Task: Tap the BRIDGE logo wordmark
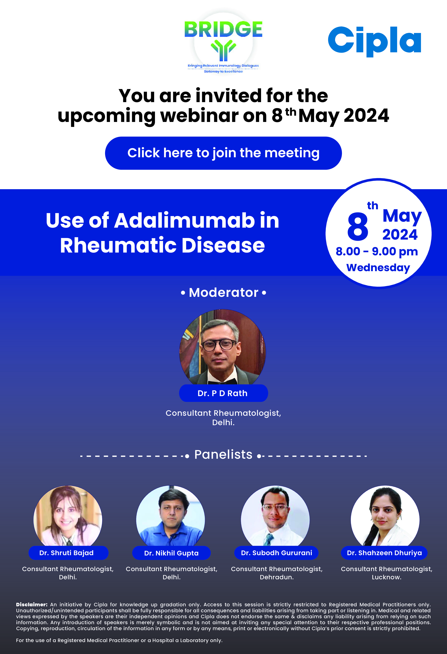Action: pyautogui.click(x=223, y=29)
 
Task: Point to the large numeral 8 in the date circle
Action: pyautogui.click(x=358, y=227)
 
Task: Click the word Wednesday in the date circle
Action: pyautogui.click(x=378, y=268)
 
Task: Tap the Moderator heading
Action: pyautogui.click(x=223, y=292)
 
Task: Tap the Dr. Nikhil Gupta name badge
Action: pyautogui.click(x=171, y=553)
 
